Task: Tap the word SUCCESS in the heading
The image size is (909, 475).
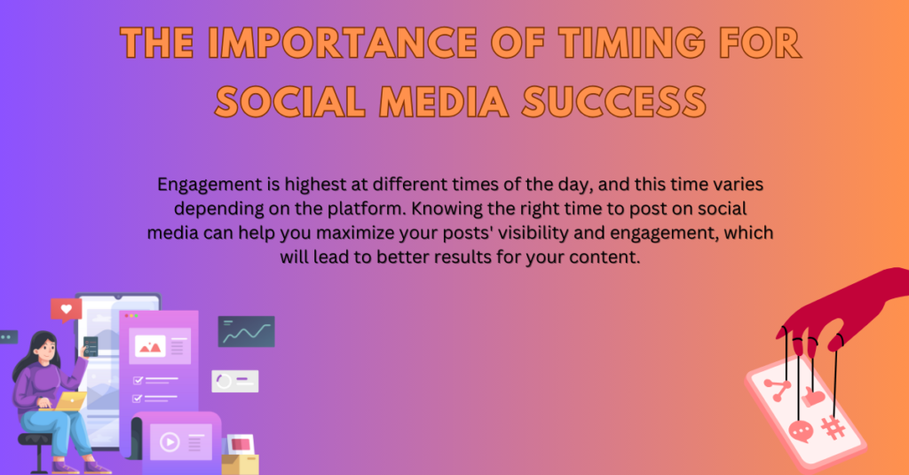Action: tap(614, 101)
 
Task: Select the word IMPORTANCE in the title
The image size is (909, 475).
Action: tap(342, 43)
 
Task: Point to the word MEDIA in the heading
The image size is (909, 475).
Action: tap(444, 101)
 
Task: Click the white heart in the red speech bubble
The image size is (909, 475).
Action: tap(66, 309)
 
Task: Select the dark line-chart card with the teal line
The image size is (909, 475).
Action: tap(247, 332)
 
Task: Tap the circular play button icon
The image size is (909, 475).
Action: tap(170, 442)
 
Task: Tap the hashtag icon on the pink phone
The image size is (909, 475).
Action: tap(833, 429)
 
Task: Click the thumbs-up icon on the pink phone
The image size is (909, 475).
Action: tap(814, 397)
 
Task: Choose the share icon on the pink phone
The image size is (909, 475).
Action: tap(777, 389)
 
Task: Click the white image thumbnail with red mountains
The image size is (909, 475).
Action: tap(150, 346)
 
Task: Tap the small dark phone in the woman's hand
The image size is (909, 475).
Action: tap(91, 346)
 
